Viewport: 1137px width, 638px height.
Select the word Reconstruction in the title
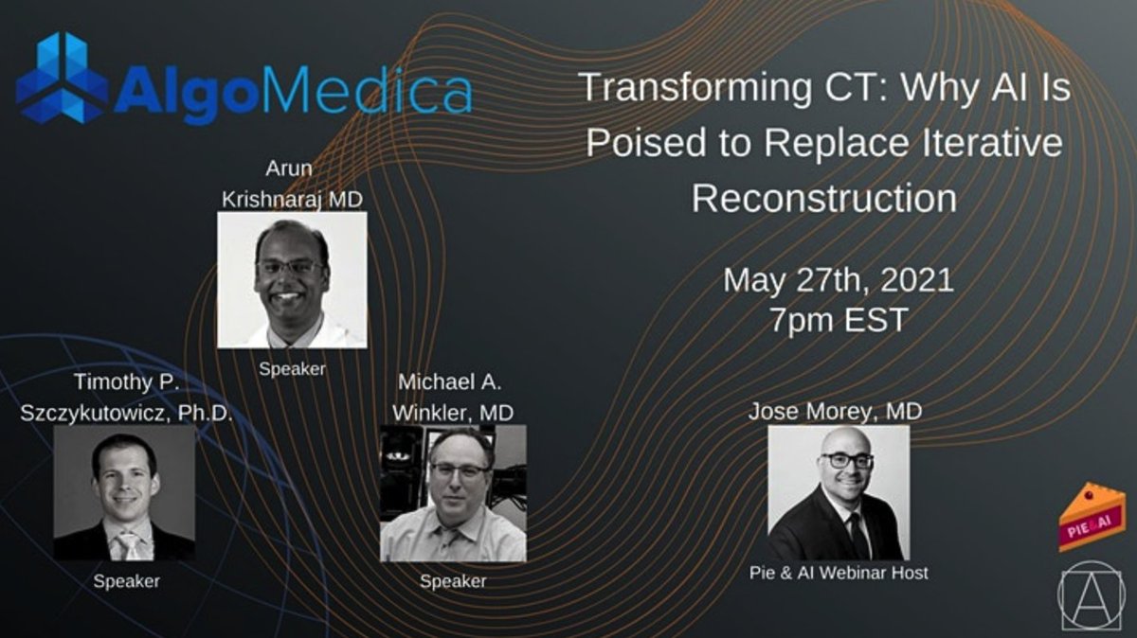pos(823,198)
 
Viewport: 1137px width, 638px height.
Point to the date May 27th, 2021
pos(838,280)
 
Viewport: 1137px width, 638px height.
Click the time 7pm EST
pos(838,319)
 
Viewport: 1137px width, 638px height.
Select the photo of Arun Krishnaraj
pos(292,280)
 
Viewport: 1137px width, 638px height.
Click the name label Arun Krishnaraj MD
pos(292,186)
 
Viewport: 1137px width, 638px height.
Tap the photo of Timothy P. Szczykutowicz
pos(124,493)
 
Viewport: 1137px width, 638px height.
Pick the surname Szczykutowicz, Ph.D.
pos(126,413)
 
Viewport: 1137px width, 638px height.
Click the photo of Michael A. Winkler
pos(453,493)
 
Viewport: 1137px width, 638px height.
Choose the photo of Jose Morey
pos(839,493)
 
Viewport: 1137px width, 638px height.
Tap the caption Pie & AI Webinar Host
pos(839,573)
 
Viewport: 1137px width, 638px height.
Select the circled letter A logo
pos(1092,596)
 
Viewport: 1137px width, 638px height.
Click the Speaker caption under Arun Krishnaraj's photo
pos(292,369)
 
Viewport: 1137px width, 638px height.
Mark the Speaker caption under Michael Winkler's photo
pos(453,580)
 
